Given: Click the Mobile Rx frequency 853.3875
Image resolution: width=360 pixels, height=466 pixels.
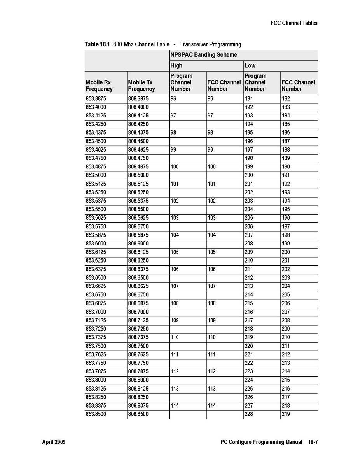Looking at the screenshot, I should click(96, 99).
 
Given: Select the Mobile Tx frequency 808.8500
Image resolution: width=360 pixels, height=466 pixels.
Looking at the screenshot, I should click(138, 414).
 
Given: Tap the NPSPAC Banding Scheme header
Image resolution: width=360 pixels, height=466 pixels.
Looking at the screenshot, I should click(203, 55).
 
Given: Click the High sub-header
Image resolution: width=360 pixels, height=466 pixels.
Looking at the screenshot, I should click(176, 65).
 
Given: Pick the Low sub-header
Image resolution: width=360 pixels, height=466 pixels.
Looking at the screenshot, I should click(250, 65).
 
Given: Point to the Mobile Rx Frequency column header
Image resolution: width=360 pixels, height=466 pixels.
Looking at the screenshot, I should click(99, 86).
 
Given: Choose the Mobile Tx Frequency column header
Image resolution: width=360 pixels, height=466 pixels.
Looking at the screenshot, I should click(142, 86).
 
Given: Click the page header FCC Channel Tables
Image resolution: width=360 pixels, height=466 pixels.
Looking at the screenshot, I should click(294, 23).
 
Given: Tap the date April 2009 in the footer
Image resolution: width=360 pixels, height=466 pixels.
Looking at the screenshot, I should click(54, 442).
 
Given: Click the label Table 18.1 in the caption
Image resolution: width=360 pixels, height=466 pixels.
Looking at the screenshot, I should click(98, 44).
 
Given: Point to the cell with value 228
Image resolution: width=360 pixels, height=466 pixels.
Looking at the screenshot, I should click(249, 414).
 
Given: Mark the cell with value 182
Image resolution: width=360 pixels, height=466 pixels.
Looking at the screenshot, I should click(286, 99).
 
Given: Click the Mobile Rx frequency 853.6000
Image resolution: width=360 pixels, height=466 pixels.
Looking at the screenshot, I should click(96, 244).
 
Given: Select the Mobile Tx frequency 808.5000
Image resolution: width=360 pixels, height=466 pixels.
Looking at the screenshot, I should click(138, 175).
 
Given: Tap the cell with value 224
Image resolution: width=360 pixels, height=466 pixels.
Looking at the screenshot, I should click(249, 380).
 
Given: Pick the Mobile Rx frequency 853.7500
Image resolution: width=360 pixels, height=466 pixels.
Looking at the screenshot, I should click(96, 346).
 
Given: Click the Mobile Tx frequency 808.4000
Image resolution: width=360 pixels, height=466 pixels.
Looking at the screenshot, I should click(138, 107).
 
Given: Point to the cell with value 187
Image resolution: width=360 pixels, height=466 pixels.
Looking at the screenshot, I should click(286, 141).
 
